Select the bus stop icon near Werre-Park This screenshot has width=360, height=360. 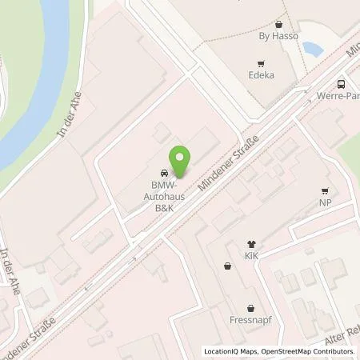click(342, 84)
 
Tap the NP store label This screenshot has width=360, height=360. click(325, 202)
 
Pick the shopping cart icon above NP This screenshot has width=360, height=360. click(325, 190)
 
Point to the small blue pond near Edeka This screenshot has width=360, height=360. click(311, 49)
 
